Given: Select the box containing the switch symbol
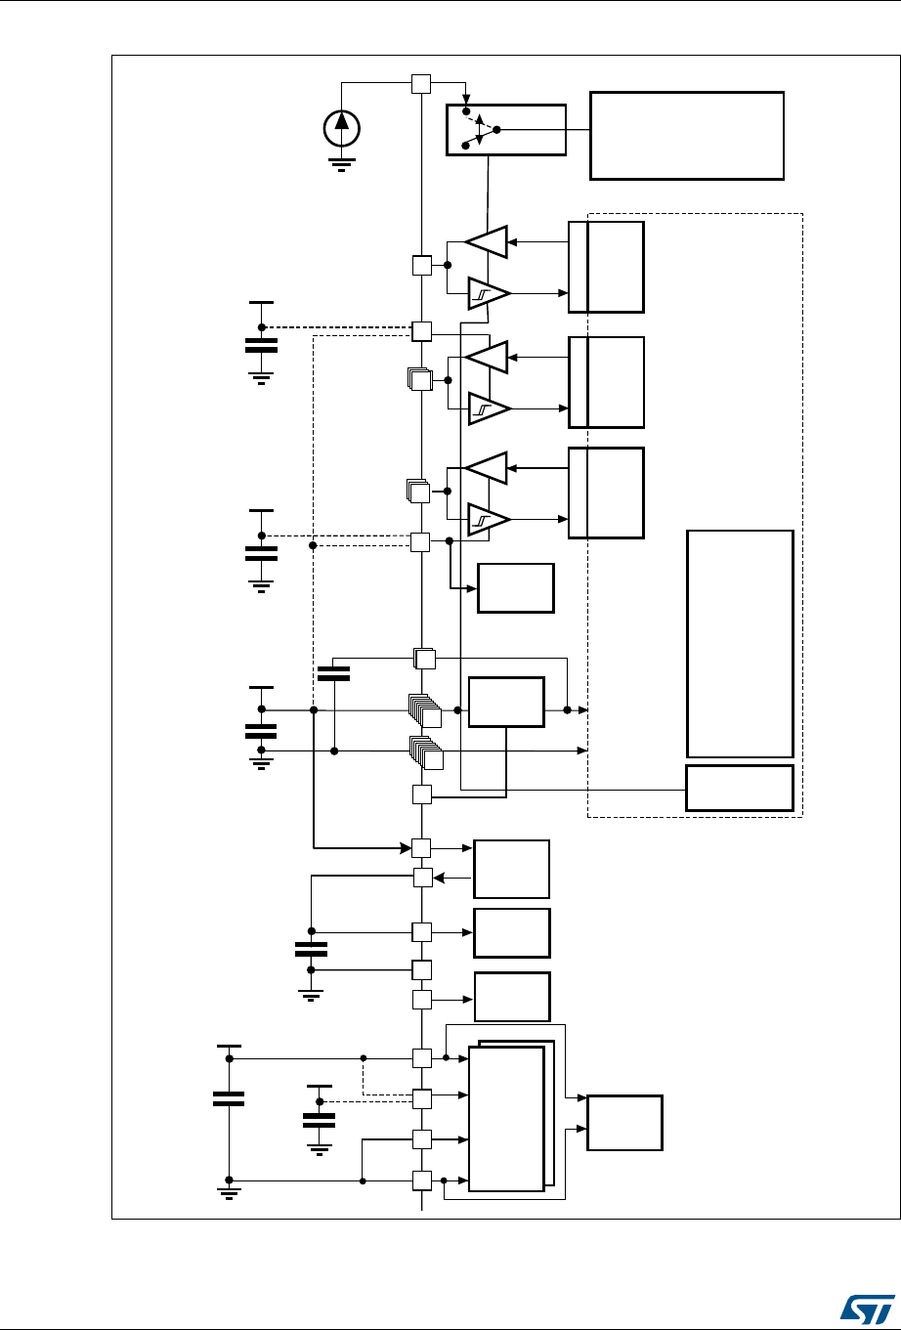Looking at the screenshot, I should click(506, 129).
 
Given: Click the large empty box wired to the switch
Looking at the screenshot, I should click(687, 135).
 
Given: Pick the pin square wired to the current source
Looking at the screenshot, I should click(421, 84).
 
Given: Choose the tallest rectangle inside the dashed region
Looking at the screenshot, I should click(740, 643).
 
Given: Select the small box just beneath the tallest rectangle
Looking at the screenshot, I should click(740, 788).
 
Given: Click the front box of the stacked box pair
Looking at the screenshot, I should click(506, 1118).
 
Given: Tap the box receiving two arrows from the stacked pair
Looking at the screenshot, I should click(624, 1123).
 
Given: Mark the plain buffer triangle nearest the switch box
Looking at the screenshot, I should click(487, 242).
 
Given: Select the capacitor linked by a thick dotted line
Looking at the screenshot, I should click(262, 345).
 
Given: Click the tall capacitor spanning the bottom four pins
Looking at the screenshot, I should click(229, 1097).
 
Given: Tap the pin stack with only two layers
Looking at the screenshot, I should click(424, 660).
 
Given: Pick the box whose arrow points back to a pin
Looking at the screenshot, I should click(511, 869).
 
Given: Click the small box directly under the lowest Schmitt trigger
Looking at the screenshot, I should click(515, 587).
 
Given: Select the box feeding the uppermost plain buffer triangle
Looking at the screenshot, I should click(606, 266).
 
